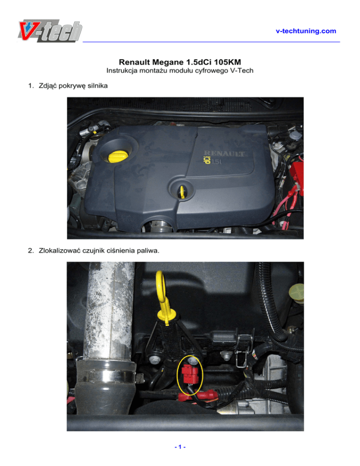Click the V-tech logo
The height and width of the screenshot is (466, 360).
pos(50,30)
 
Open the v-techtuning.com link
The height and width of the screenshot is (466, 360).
pos(306,31)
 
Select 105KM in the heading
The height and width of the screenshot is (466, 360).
pos(227,62)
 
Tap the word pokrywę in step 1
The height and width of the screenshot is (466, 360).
pos(72,86)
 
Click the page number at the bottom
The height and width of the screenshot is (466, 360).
pos(180,447)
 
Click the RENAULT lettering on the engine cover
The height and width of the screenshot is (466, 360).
pos(225,154)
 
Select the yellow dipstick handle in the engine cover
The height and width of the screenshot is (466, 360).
pos(181,192)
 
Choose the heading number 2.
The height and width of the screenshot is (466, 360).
pos(31,250)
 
